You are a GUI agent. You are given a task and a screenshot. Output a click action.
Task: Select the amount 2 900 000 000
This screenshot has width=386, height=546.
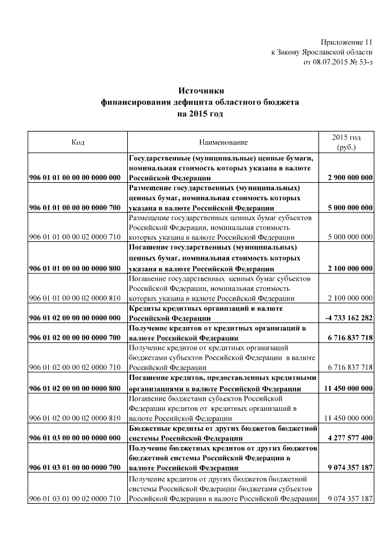pos(350,178)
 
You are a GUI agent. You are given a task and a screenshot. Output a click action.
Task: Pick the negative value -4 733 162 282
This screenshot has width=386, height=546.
pos(349,318)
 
